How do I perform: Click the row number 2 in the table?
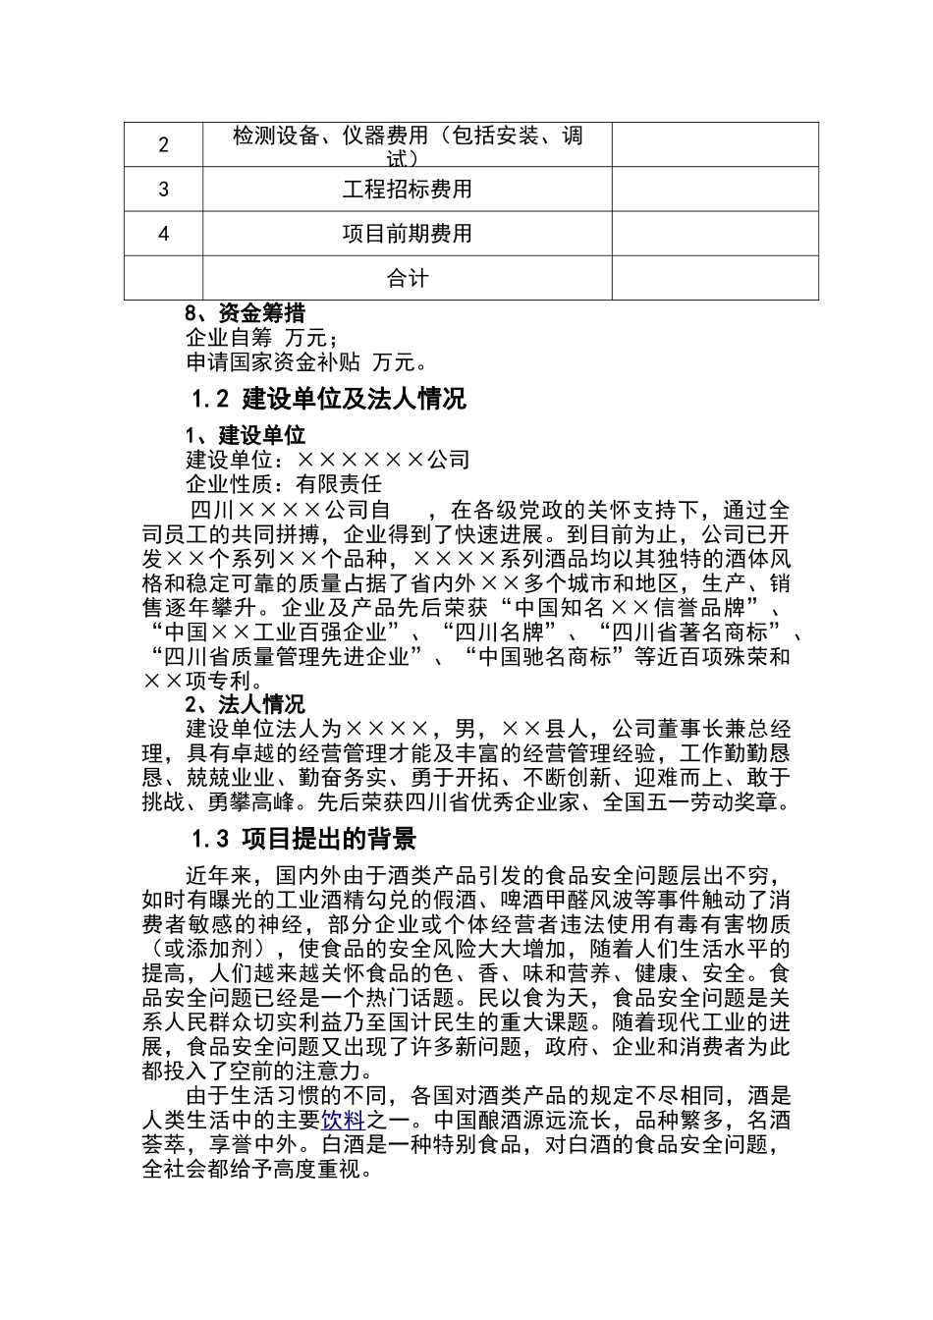[x=163, y=144]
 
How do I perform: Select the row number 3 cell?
[x=163, y=189]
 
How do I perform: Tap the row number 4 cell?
[x=163, y=234]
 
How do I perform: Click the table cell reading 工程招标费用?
[x=407, y=189]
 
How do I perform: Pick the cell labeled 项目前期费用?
[x=407, y=234]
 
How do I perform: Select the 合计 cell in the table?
[x=407, y=278]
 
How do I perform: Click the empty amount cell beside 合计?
[x=715, y=278]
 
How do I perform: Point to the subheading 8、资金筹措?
[x=245, y=314]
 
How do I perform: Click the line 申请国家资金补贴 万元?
[x=306, y=362]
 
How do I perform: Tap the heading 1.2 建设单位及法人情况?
[x=328, y=400]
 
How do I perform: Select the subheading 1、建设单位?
[x=245, y=435]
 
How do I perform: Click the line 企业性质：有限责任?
[x=284, y=483]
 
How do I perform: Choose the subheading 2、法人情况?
[x=245, y=704]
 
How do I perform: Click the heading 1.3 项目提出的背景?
[x=303, y=839]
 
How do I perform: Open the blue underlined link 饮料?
[x=343, y=1121]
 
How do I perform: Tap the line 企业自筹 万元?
[x=261, y=339]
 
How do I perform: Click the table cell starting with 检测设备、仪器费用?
[x=407, y=144]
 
